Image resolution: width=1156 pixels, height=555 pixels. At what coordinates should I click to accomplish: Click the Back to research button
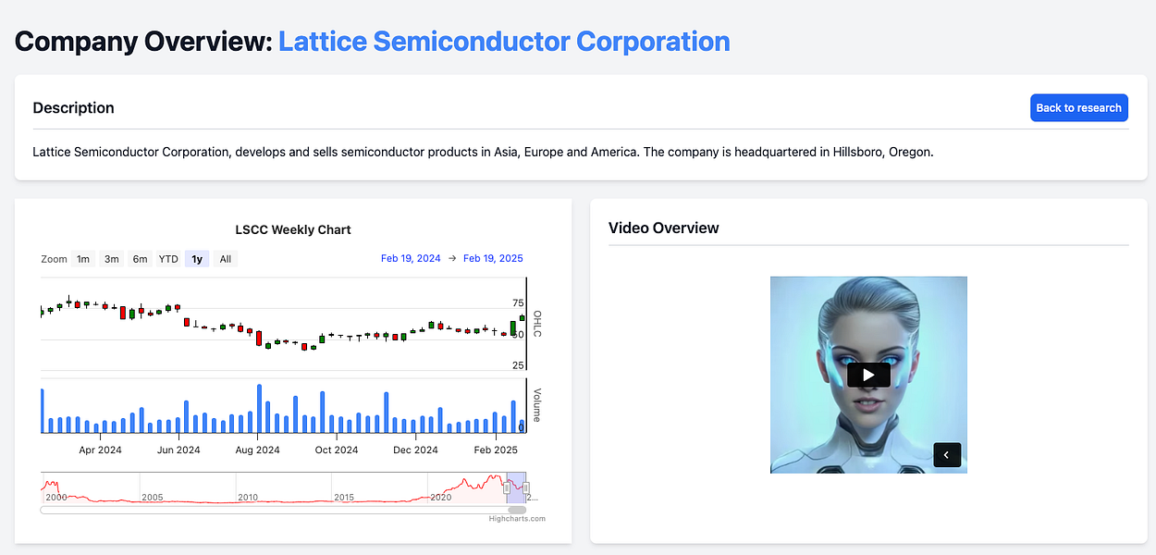click(1079, 108)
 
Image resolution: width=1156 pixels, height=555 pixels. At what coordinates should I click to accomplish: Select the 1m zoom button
click(83, 259)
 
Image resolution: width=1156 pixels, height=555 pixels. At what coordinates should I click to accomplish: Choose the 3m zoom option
click(112, 259)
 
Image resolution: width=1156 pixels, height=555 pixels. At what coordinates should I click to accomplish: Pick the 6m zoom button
click(140, 259)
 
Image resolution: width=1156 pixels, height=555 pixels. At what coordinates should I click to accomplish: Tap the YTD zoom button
click(168, 259)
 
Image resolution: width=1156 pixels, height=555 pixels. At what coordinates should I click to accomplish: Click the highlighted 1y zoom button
click(197, 259)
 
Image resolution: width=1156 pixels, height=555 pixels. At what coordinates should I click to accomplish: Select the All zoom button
click(226, 259)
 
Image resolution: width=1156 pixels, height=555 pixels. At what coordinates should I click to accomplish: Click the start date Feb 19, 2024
click(411, 258)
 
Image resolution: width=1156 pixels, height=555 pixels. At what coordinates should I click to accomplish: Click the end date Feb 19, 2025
click(493, 258)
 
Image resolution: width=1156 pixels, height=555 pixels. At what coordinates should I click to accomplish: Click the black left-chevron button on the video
click(947, 455)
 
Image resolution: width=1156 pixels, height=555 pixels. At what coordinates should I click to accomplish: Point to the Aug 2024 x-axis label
click(257, 450)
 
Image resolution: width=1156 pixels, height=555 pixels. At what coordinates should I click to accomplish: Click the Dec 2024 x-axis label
click(415, 450)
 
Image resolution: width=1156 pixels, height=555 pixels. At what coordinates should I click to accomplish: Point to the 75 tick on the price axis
click(518, 303)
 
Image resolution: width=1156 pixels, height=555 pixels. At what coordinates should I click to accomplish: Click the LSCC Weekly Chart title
click(293, 229)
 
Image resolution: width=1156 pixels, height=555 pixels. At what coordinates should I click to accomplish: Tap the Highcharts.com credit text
click(517, 518)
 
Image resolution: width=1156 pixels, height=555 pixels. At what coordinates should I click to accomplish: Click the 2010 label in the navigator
click(248, 497)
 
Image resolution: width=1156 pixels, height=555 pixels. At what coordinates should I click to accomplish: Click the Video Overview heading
click(664, 228)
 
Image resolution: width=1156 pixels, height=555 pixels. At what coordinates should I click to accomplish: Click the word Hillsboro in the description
click(857, 152)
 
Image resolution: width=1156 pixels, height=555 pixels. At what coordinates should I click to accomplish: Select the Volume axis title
click(537, 405)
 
